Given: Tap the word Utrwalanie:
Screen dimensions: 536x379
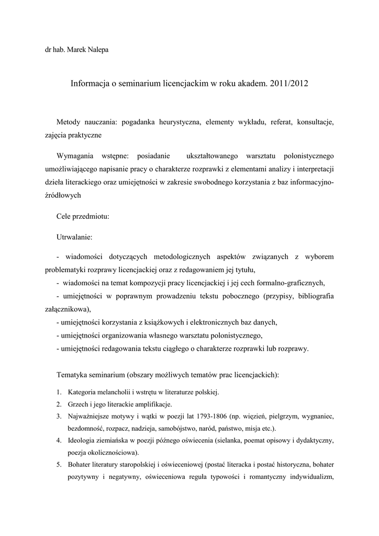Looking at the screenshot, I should click(74, 237).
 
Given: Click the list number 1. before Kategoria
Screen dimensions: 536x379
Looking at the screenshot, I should click(59, 392).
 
